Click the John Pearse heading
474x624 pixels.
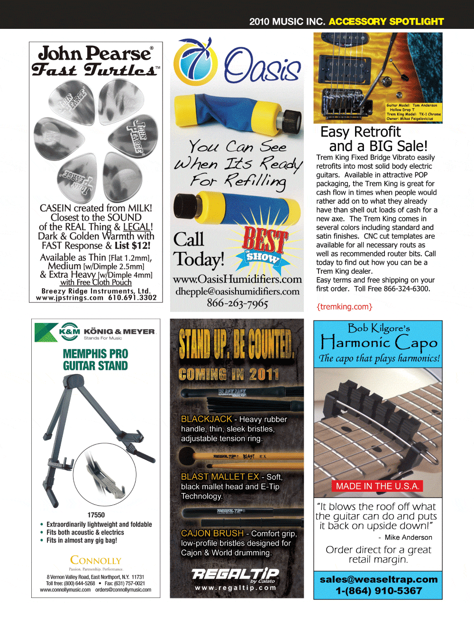[x=96, y=53]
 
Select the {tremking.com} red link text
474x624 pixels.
[x=345, y=307]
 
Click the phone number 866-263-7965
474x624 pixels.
[x=237, y=303]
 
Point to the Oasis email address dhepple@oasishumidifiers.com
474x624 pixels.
[x=237, y=291]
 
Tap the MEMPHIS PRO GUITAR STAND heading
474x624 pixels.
[x=95, y=360]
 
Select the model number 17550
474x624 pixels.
[x=96, y=515]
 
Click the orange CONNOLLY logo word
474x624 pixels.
[x=96, y=560]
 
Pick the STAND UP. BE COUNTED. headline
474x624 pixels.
[x=237, y=344]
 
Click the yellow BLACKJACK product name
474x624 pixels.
[x=207, y=419]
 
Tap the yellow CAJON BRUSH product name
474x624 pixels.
[x=212, y=533]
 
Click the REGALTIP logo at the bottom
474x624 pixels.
[x=236, y=574]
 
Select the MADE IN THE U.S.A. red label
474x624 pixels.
[x=377, y=486]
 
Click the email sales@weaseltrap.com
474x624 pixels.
[x=378, y=579]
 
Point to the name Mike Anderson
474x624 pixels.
[x=408, y=537]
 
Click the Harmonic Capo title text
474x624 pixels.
[x=378, y=342]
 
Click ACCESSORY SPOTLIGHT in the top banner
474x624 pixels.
[x=386, y=21]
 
